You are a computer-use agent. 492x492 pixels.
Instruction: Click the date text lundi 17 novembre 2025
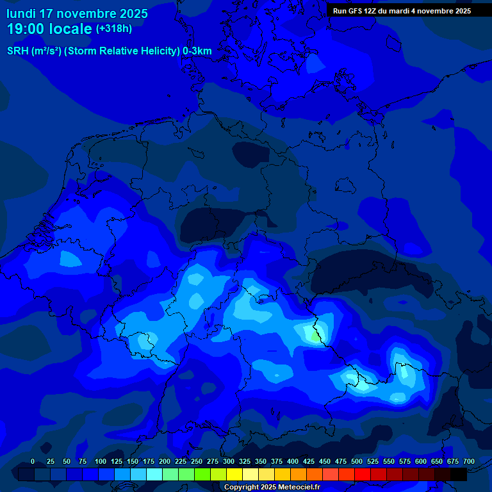77,13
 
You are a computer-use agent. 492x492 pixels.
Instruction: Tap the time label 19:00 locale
49,29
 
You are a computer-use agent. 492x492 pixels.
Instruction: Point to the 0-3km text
197,51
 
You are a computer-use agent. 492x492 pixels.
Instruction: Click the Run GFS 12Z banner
401,11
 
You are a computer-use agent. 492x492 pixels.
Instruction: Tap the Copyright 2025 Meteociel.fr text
272,488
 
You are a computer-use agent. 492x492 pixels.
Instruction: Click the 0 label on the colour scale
33,461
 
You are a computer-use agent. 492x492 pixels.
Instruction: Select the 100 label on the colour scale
101,461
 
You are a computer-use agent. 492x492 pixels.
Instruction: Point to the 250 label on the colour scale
197,461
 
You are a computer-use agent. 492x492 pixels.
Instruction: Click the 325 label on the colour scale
245,461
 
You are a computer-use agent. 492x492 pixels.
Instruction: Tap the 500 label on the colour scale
357,461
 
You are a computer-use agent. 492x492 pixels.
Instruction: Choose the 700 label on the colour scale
469,461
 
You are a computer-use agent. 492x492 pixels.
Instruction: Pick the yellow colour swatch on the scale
234,474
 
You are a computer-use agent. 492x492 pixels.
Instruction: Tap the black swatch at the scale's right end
459,474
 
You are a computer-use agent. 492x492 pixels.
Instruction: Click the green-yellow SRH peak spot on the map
313,334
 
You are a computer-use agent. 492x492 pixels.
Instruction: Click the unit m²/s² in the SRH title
45,51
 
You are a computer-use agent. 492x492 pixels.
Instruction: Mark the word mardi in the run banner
400,11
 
